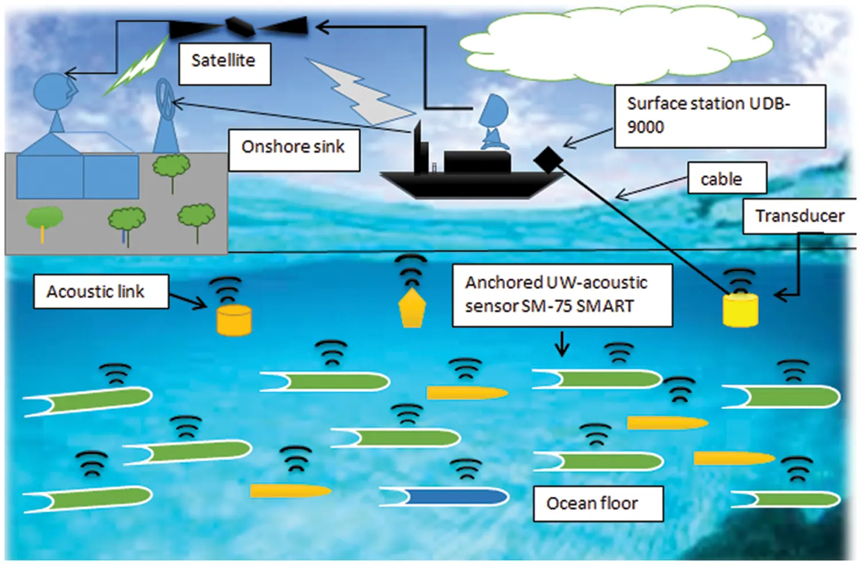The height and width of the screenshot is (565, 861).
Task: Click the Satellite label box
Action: (x=224, y=61)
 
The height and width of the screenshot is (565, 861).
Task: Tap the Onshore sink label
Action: (x=294, y=148)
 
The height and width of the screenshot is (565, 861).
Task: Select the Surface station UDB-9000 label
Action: (x=719, y=116)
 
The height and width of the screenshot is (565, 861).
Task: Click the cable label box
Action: (x=727, y=178)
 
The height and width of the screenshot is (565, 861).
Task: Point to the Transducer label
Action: (x=800, y=216)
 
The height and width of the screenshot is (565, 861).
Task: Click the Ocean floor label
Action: (x=598, y=504)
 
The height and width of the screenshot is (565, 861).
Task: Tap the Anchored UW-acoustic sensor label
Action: (x=561, y=295)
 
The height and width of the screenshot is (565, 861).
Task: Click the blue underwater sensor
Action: (x=453, y=497)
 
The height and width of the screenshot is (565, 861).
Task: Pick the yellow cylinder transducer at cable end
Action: (x=740, y=310)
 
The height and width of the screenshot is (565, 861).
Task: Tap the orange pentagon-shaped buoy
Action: (x=412, y=309)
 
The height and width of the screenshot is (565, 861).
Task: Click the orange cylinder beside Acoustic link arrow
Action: (x=234, y=319)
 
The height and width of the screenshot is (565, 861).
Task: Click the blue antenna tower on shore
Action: (x=165, y=118)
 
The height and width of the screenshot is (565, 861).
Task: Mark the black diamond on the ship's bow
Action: (x=548, y=159)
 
